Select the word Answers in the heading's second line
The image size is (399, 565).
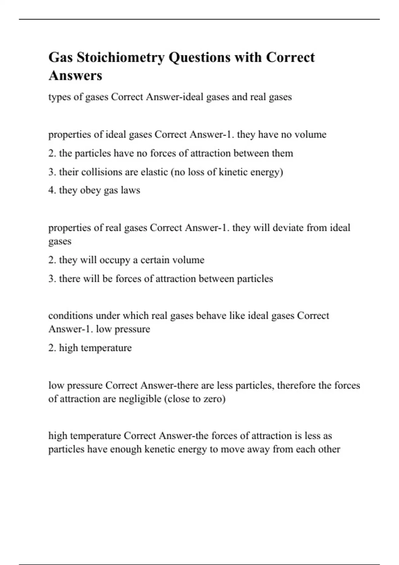[75, 75]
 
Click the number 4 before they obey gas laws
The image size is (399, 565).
[51, 190]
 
